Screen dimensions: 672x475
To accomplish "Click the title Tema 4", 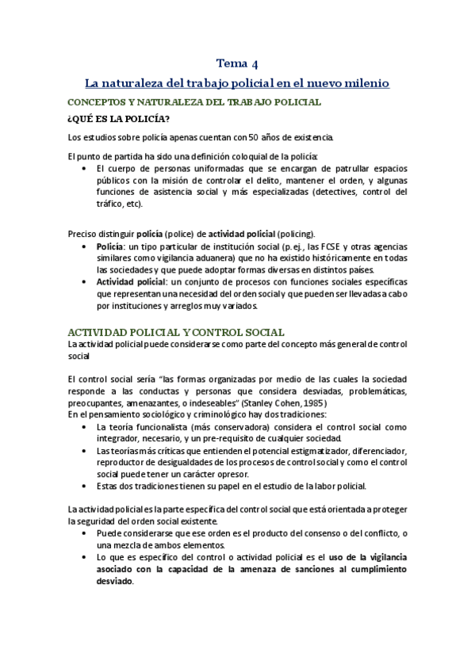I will tap(237, 63).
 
